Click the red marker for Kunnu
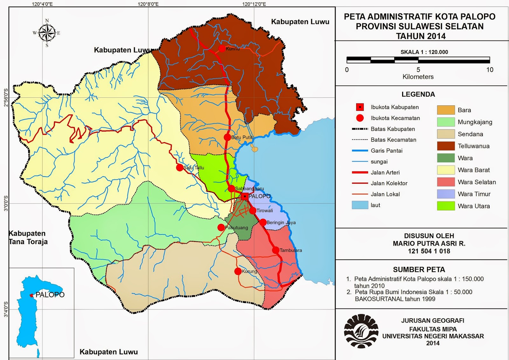click(222, 48)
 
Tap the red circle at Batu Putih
click(227, 137)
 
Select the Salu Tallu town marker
click(180, 167)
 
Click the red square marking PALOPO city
click(244, 196)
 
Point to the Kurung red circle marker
click(238, 271)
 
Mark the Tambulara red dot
click(275, 250)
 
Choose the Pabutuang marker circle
click(221, 227)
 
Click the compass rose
click(47, 33)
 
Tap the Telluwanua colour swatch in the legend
click(446, 146)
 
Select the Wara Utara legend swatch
click(446, 206)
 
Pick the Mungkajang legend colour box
click(446, 122)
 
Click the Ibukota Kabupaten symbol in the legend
click(360, 107)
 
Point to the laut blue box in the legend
click(360, 205)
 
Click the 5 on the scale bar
click(418, 70)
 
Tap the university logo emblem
click(361, 331)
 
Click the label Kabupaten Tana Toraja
click(28, 237)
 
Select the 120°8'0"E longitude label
click(148, 4)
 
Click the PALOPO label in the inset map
click(50, 295)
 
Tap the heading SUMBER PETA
click(419, 270)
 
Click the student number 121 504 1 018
click(429, 251)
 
